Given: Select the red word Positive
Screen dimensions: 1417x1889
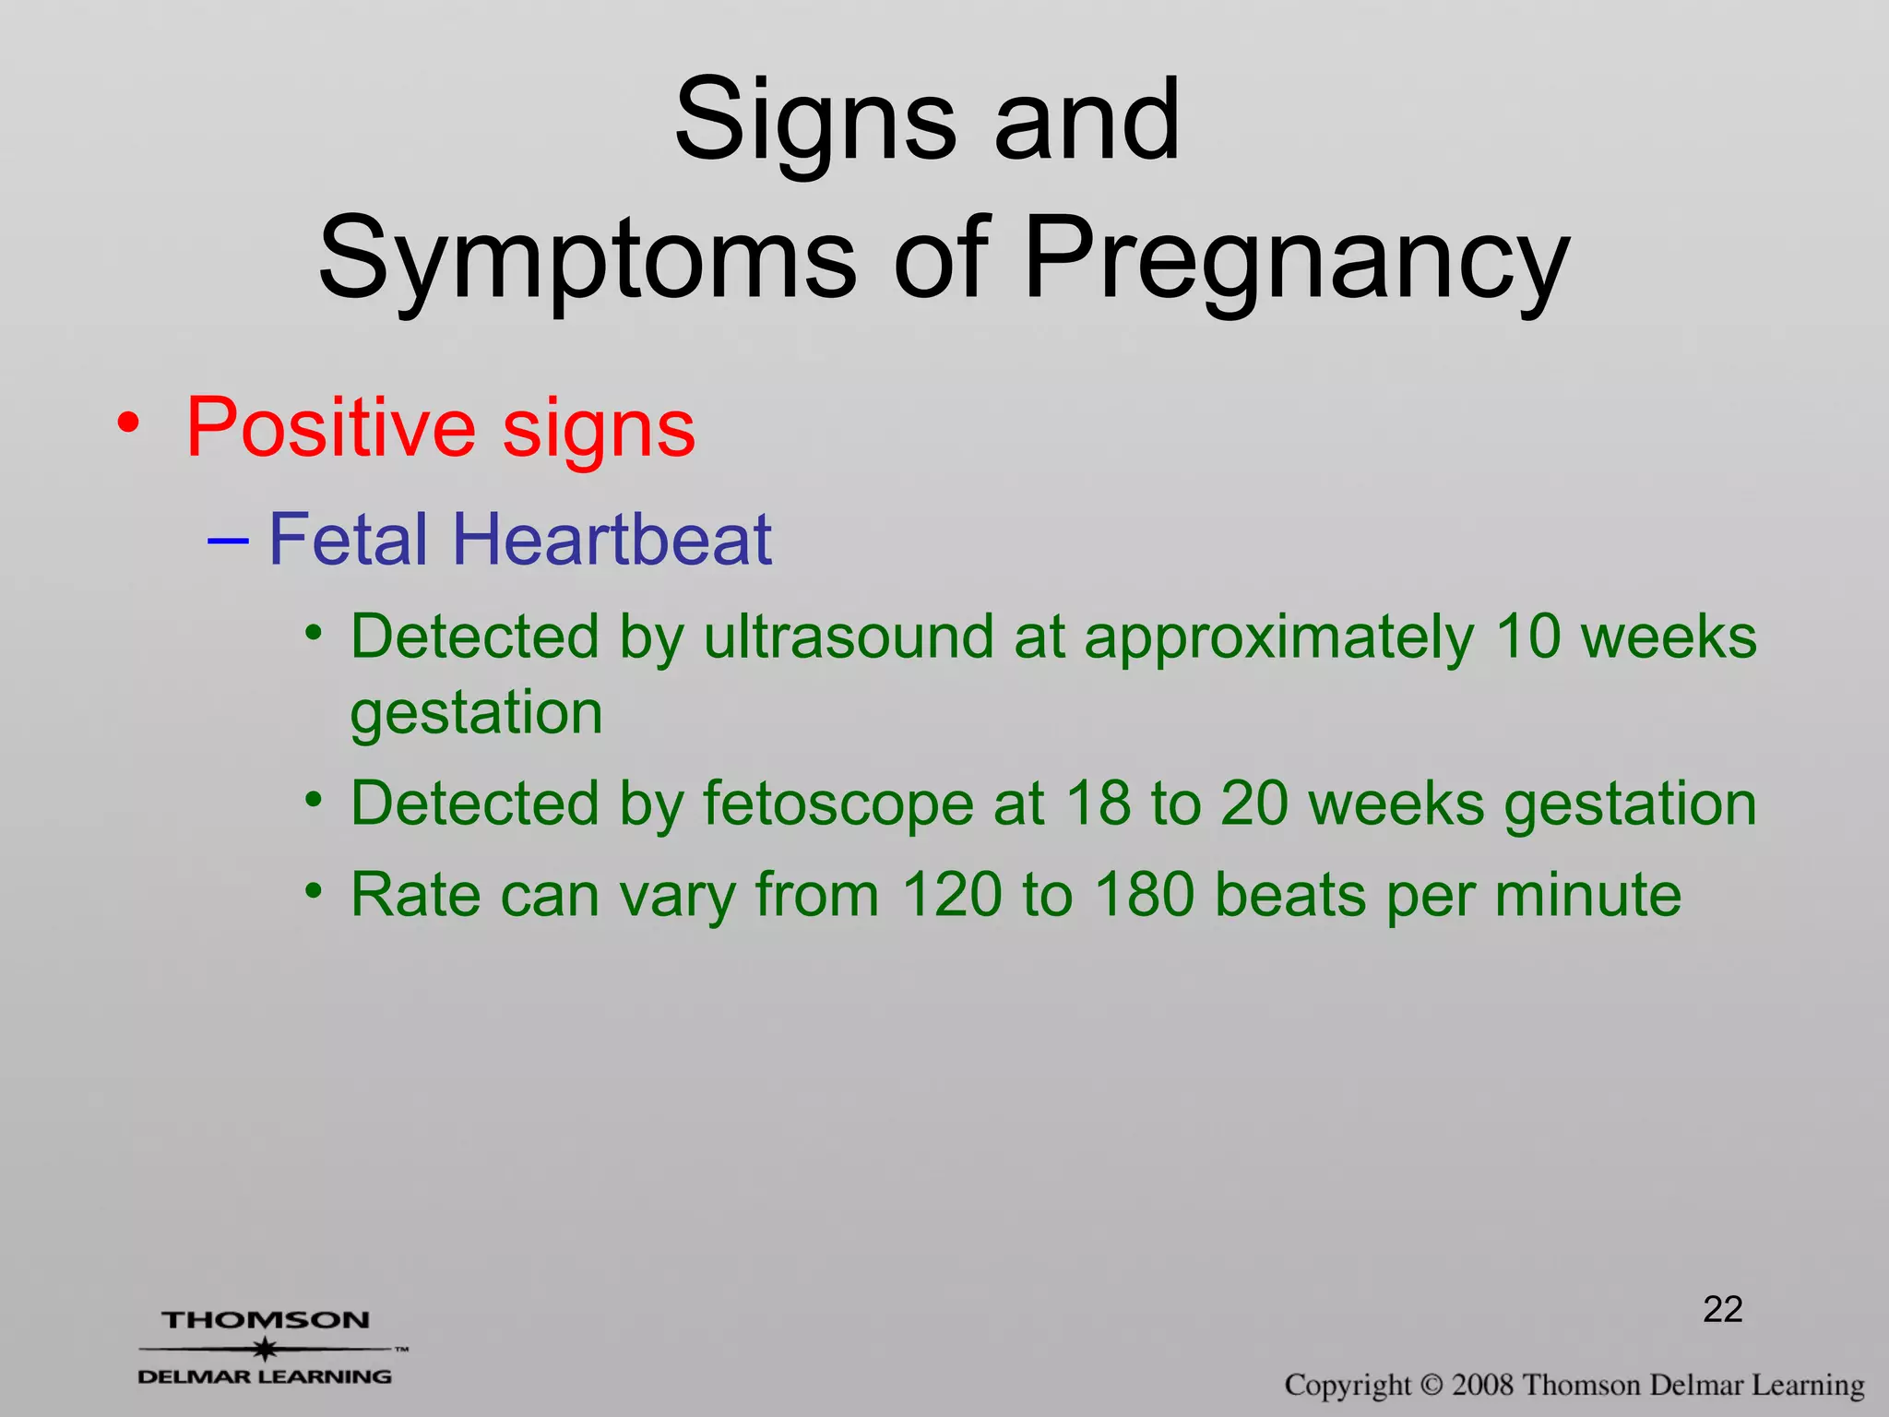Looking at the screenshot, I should pyautogui.click(x=331, y=428).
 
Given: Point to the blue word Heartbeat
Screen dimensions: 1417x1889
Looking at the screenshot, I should pyautogui.click(x=612, y=540).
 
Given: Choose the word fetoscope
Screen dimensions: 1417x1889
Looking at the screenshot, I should pyautogui.click(x=838, y=804).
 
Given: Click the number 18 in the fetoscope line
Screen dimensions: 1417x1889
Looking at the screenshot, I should pyautogui.click(x=1098, y=804).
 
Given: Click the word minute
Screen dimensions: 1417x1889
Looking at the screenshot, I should pyautogui.click(x=1588, y=895).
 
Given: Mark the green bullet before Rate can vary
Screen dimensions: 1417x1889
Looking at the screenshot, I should pyautogui.click(x=315, y=891).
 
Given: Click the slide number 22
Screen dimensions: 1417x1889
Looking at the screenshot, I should pyautogui.click(x=1722, y=1310).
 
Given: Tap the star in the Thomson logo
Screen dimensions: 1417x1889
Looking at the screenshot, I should pyautogui.click(x=266, y=1350).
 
